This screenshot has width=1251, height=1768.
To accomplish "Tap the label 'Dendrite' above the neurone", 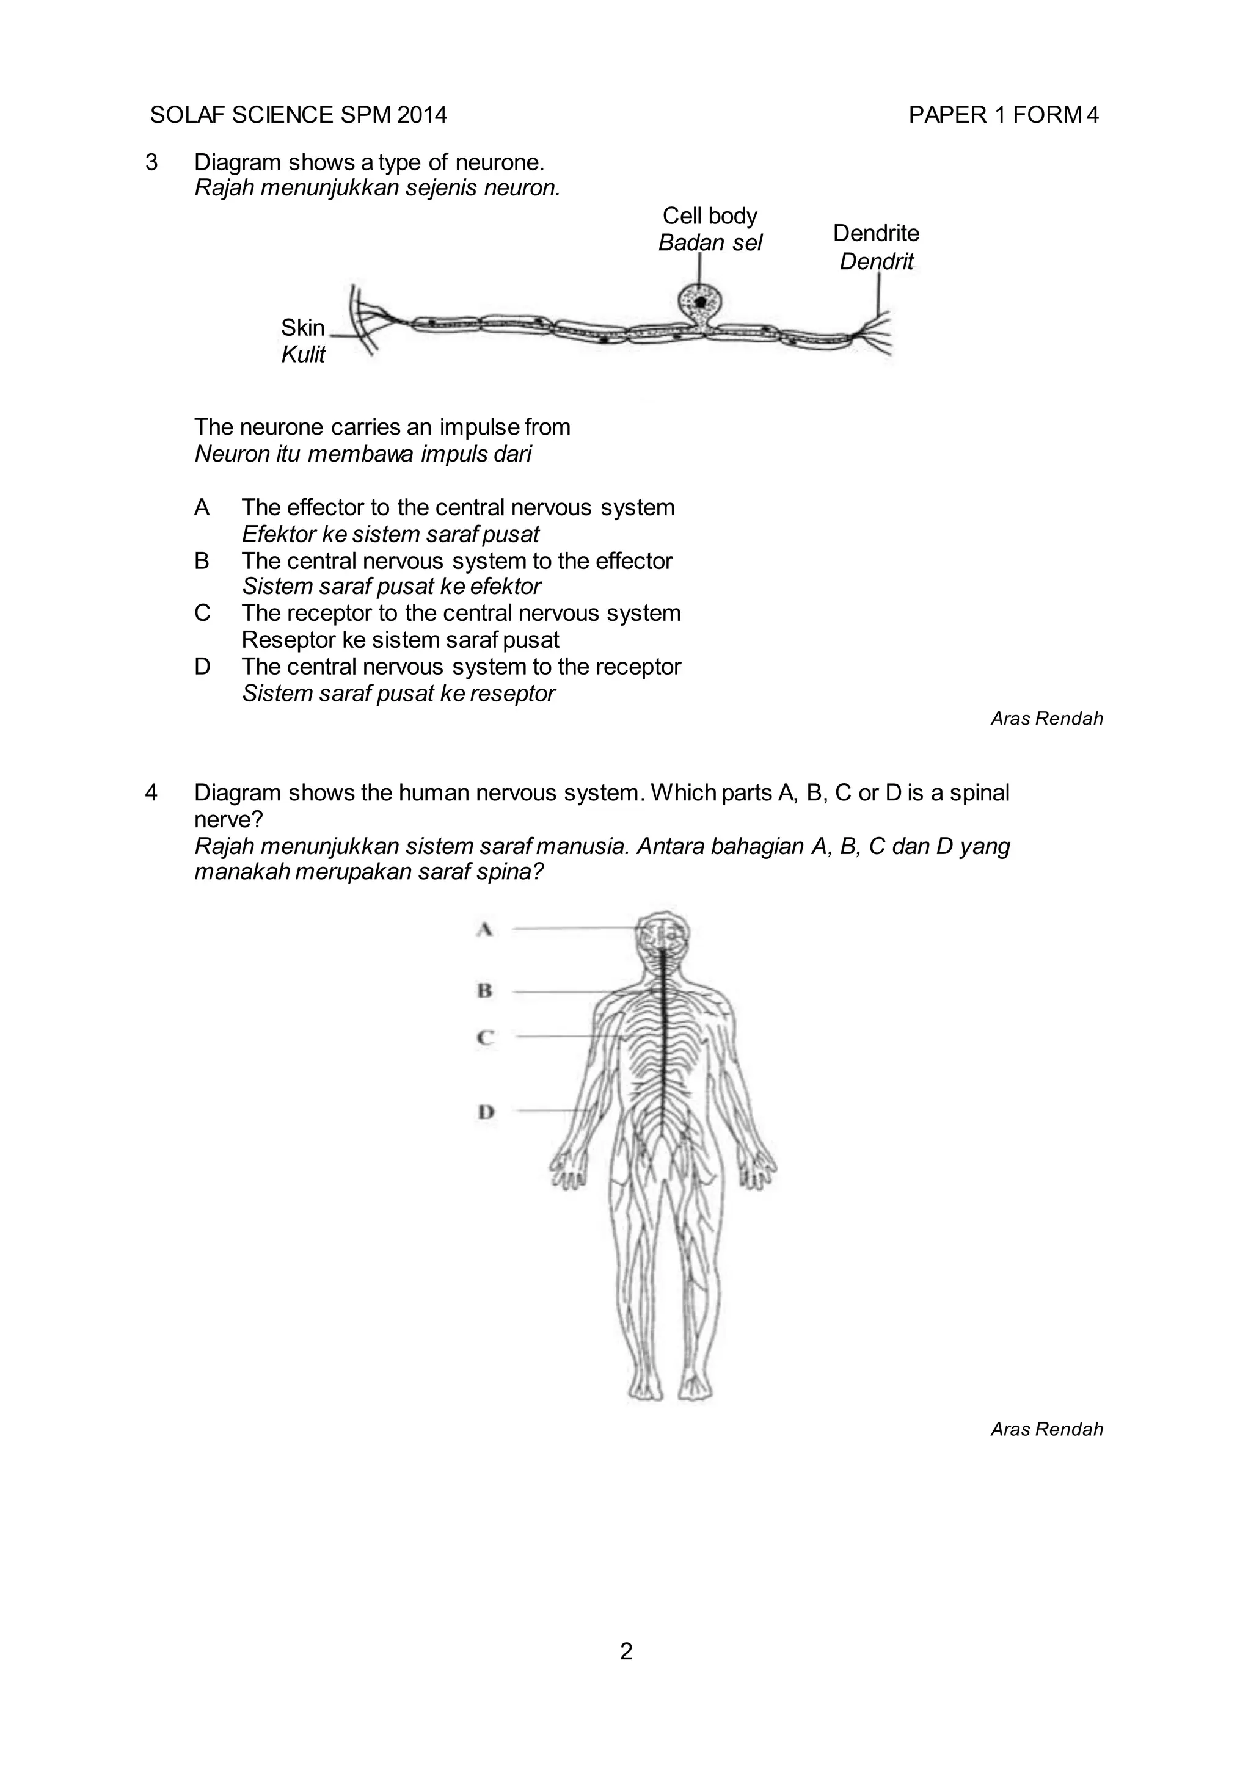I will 876,233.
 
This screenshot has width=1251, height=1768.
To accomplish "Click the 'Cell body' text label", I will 709,216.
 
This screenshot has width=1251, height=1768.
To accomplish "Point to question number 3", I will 151,162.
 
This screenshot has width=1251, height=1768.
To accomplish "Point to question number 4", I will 151,792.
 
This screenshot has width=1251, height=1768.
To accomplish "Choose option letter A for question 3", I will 202,507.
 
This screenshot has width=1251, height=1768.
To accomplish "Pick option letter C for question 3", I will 202,613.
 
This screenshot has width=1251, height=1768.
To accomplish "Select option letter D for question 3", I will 202,666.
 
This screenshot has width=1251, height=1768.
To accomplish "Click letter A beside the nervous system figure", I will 484,929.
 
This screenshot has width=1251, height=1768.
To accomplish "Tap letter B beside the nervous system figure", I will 484,990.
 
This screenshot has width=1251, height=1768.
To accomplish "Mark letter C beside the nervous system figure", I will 484,1037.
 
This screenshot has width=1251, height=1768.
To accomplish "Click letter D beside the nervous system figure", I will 485,1112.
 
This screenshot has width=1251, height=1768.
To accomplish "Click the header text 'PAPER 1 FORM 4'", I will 1003,115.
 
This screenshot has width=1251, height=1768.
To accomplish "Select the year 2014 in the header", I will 422,115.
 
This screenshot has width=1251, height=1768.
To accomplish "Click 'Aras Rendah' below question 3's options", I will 1046,719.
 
